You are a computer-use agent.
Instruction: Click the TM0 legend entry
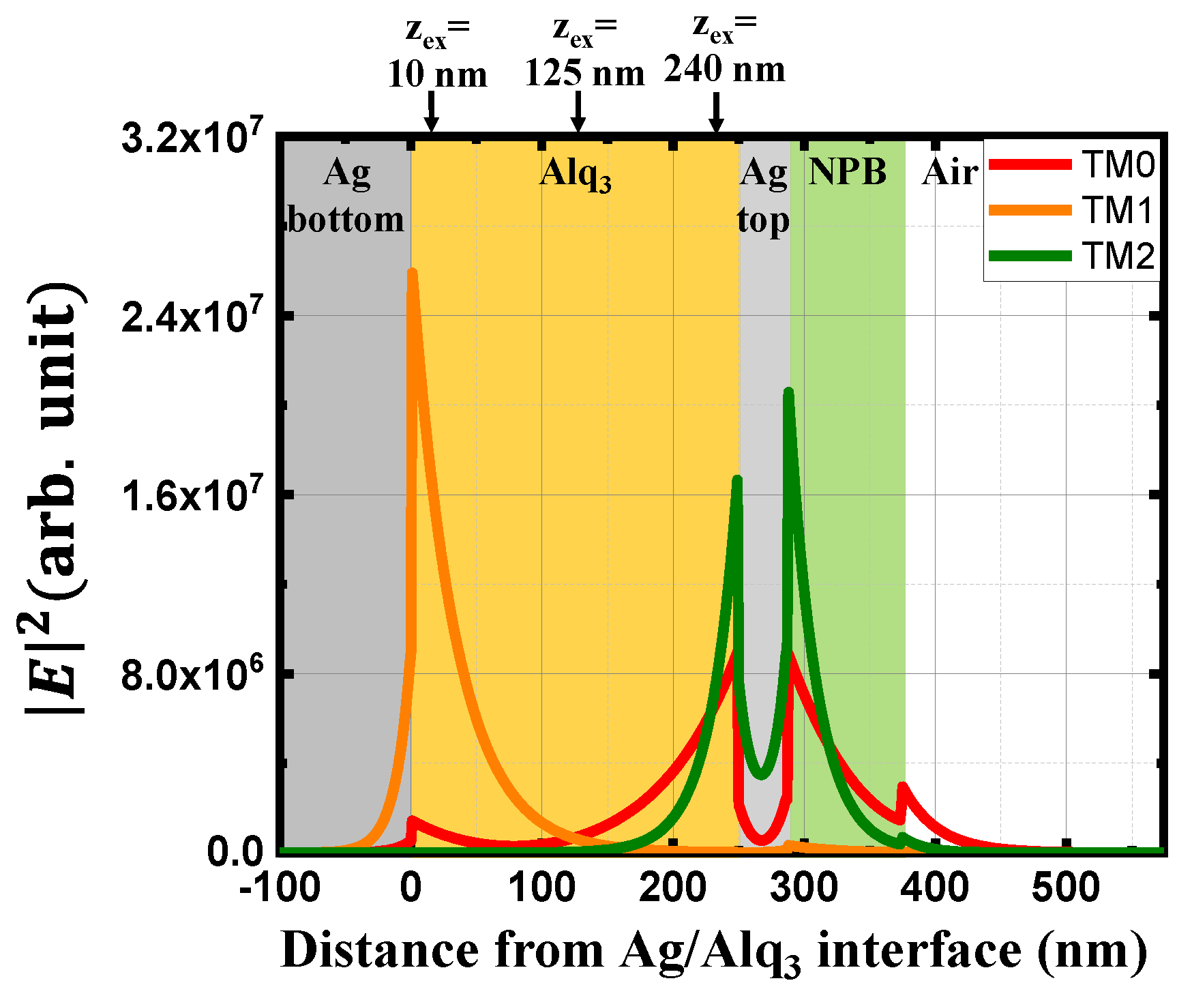1071,164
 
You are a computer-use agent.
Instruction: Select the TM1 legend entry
1071,210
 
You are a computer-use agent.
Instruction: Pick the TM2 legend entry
1071,256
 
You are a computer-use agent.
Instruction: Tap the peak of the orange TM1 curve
412,273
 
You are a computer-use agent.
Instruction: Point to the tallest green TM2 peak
788,393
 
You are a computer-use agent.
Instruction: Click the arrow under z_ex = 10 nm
430,112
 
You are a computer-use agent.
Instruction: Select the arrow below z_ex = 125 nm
578,112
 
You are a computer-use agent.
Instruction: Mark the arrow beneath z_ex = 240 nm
715,112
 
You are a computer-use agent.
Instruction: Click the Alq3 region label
575,174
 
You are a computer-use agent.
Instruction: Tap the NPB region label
847,172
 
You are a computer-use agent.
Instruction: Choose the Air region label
950,173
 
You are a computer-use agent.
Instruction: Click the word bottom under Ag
346,220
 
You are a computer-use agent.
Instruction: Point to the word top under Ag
764,221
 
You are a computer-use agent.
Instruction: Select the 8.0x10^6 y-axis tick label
191,675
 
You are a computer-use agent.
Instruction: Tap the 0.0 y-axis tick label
235,852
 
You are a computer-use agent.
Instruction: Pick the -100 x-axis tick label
280,889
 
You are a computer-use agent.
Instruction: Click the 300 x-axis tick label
804,889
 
